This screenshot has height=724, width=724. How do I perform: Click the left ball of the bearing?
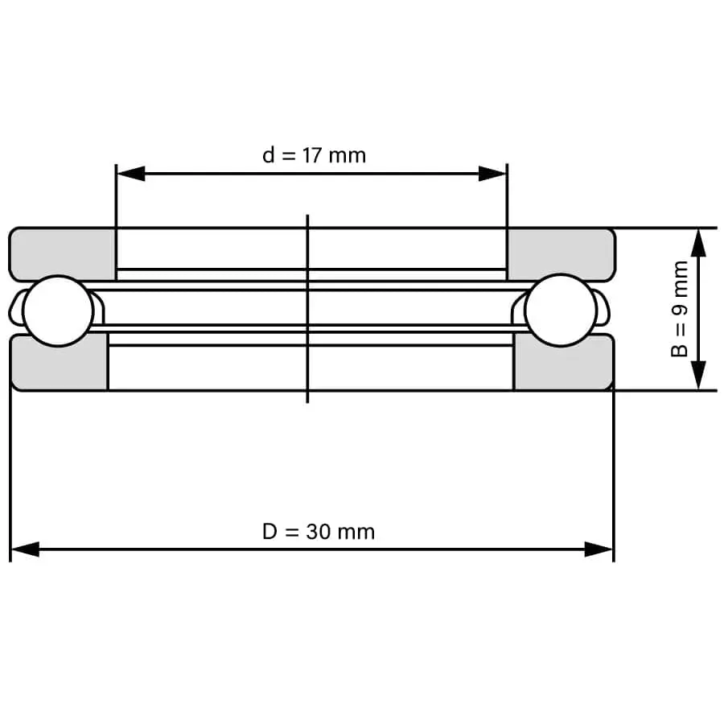point(58,311)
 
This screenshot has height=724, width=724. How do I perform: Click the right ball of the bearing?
point(561,310)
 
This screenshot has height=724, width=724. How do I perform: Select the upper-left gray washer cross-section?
point(62,254)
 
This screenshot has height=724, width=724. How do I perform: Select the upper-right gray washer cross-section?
point(562,254)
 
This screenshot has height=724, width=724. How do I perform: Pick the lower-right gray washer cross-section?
point(564,364)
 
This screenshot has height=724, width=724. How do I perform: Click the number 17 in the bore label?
point(312,155)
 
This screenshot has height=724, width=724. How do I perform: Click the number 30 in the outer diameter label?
point(318,532)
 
